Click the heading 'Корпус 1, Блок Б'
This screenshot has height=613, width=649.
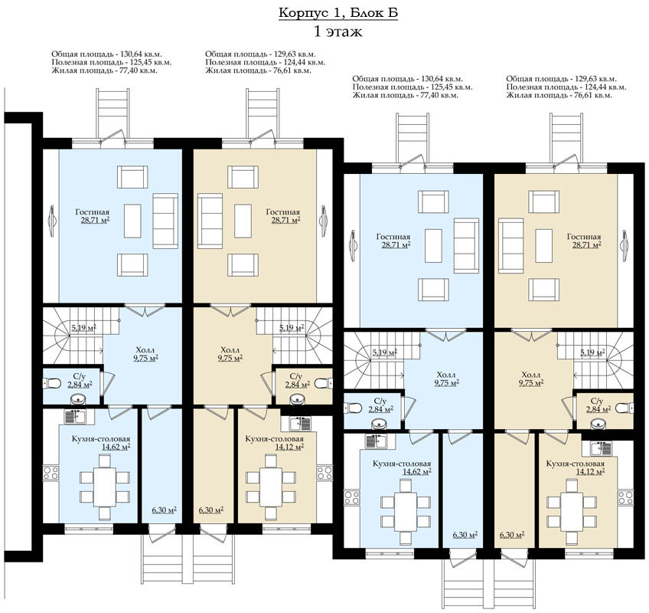point(338,13)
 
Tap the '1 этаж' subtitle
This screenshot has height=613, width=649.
point(338,31)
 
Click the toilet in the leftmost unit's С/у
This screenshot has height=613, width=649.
point(51,383)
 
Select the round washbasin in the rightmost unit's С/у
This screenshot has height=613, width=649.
point(597,424)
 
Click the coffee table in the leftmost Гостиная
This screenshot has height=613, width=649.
point(132,221)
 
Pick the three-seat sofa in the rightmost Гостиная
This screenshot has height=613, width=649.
point(511,246)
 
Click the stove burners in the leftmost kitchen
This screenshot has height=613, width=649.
point(51,473)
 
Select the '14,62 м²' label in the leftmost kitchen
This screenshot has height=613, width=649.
point(116,447)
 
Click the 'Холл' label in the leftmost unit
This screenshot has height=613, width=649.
point(146,349)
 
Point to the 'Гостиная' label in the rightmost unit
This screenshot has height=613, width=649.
point(584,237)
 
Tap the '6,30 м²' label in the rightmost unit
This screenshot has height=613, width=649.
point(512,535)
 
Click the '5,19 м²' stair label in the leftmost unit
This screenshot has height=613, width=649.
point(84,327)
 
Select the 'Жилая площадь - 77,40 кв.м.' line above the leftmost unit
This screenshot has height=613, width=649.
point(104,70)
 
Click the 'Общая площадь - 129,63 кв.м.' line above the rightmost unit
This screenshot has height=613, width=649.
point(561,79)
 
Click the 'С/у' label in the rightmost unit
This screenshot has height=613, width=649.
point(596,401)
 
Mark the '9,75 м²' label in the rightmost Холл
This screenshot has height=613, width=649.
point(531,382)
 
